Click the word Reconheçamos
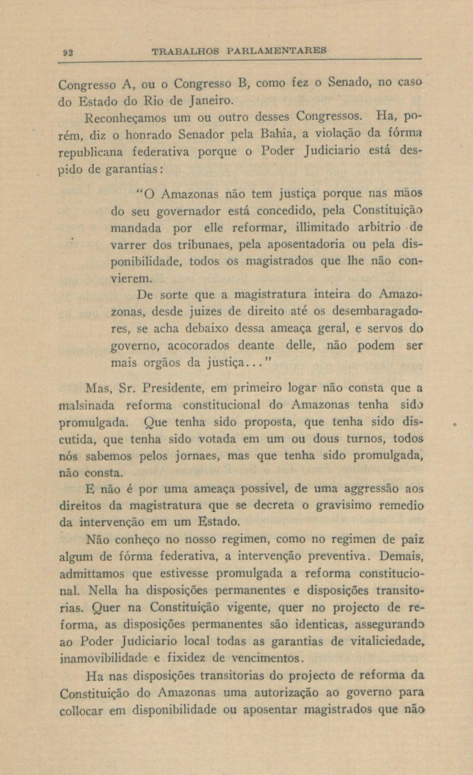pos(128,119)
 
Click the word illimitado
pos(322,227)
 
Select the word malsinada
pos(87,406)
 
